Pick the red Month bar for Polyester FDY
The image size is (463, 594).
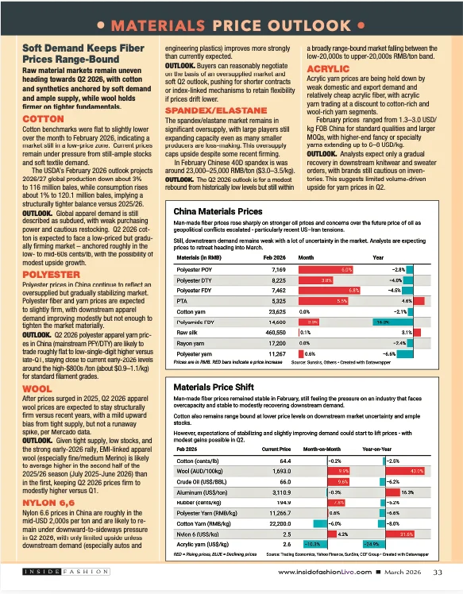pos(330,291)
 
